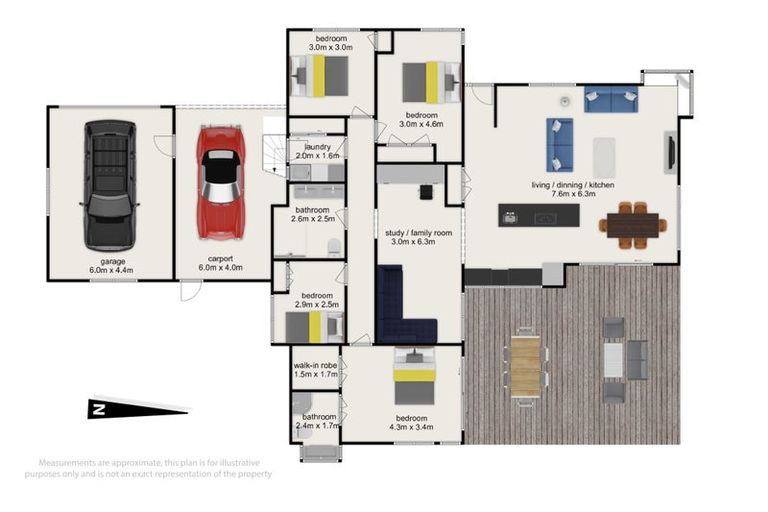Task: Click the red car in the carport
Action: coord(220,183)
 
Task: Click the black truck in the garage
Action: coord(109,185)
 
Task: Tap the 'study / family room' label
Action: coord(419,237)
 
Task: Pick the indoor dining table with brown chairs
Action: coord(631,225)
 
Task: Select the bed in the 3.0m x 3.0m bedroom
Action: coord(321,75)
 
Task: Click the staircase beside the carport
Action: coord(272,155)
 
